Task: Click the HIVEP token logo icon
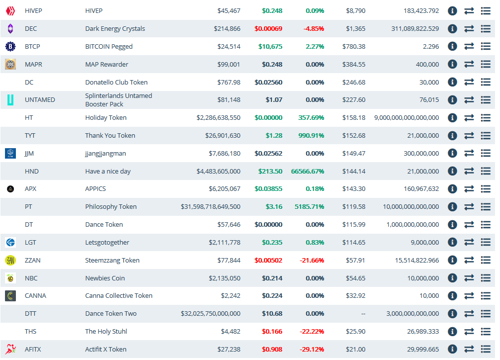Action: (10, 11)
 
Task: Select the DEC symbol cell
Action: (31, 29)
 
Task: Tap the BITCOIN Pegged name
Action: (109, 47)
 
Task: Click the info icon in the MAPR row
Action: (452, 64)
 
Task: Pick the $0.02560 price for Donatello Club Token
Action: (268, 83)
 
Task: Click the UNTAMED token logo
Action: (10, 100)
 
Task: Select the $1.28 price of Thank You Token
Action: (274, 136)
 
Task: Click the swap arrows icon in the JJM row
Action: (469, 154)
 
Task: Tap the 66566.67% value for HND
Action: (308, 172)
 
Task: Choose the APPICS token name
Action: (95, 189)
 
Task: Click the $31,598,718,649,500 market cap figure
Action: (210, 207)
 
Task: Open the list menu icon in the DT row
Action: (486, 225)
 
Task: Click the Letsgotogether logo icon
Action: (10, 243)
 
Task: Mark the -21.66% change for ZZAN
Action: (314, 261)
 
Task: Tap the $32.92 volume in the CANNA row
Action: (355, 296)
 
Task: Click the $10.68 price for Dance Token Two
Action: (272, 314)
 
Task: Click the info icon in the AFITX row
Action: (452, 350)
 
